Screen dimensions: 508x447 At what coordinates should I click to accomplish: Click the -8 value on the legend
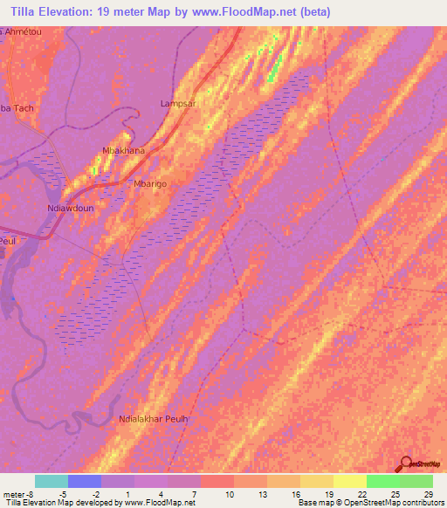pyautogui.click(x=31, y=494)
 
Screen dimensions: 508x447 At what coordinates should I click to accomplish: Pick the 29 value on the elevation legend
pyautogui.click(x=428, y=494)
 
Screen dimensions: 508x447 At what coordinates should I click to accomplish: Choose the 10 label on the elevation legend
pyautogui.click(x=230, y=494)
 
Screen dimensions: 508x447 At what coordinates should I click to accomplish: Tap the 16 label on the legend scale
pyautogui.click(x=296, y=494)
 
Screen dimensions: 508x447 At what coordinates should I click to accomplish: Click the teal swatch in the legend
pyautogui.click(x=51, y=481)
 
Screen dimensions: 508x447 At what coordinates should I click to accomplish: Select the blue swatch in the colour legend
pyautogui.click(x=84, y=481)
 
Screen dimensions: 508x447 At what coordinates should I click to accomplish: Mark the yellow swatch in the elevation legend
pyautogui.click(x=349, y=481)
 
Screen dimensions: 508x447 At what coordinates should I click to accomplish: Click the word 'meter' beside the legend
pyautogui.click(x=13, y=494)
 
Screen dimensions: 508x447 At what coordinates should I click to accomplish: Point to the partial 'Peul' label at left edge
pyautogui.click(x=8, y=237)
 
